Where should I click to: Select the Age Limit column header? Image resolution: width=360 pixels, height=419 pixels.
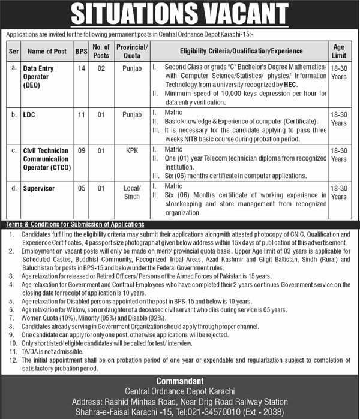click(338, 51)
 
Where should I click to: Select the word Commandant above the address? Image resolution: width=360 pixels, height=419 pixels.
click(180, 381)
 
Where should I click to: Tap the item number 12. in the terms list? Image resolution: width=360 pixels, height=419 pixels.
click(13, 360)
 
